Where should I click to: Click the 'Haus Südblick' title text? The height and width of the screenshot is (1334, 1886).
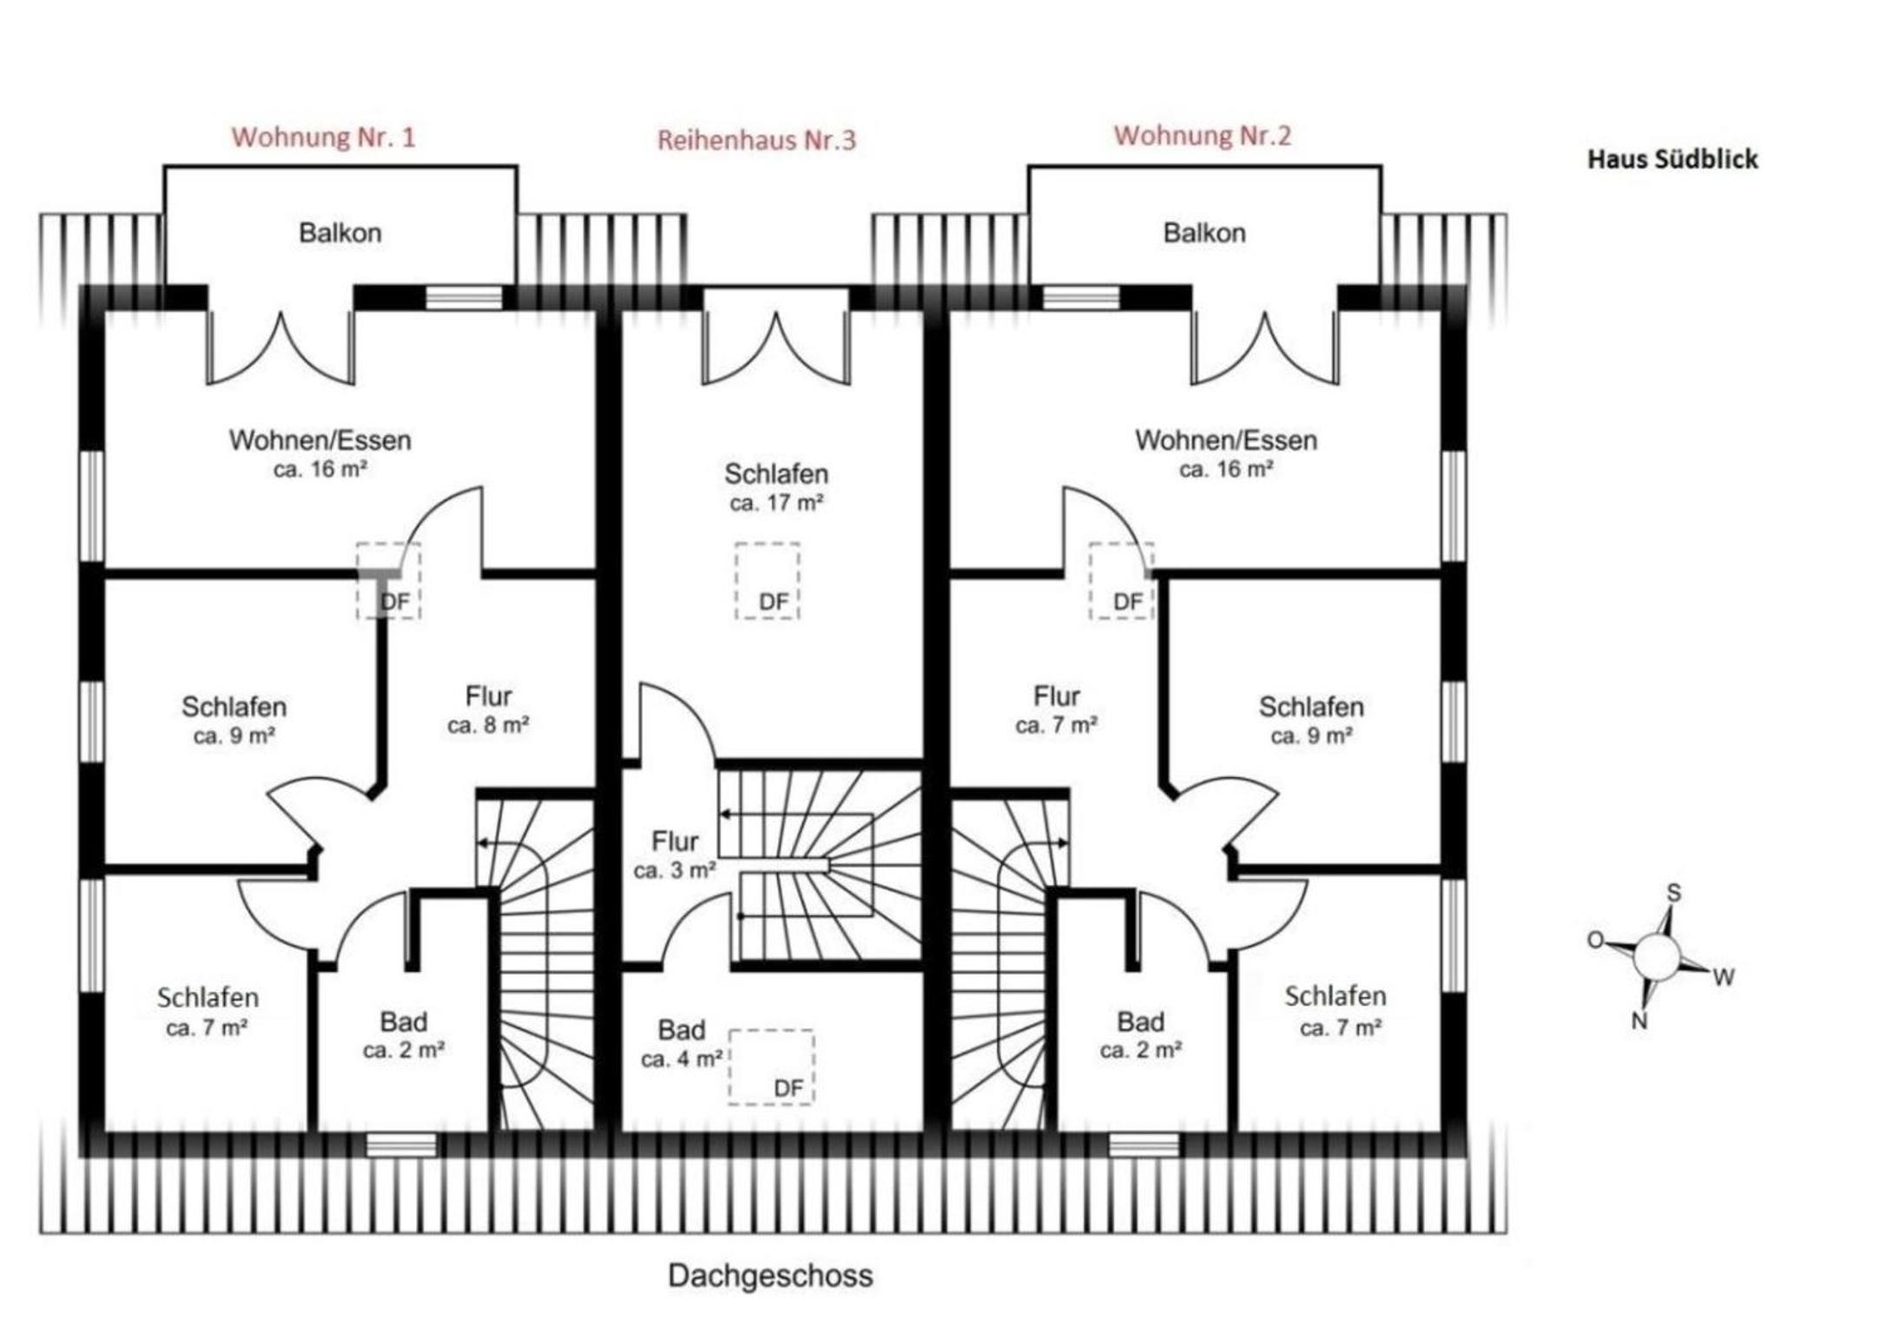[x=1672, y=159]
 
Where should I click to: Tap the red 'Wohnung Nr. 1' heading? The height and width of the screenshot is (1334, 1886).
[x=323, y=137]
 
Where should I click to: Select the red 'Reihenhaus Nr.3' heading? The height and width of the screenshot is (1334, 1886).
[x=756, y=140]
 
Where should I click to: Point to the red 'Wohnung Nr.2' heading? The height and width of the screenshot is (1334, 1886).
[x=1203, y=135]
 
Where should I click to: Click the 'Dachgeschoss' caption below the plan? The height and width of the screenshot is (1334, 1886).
[x=770, y=1276]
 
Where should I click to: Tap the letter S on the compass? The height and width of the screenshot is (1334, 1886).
[x=1674, y=893]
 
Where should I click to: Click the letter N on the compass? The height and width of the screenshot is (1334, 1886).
[x=1639, y=1021]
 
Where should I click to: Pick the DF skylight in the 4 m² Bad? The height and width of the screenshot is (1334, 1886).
[x=771, y=1067]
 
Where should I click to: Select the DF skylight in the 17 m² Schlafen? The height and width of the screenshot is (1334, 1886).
[x=768, y=581]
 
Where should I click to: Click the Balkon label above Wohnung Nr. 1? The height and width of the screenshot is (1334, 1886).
[x=340, y=233]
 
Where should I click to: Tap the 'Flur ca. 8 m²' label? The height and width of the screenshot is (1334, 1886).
[x=489, y=710]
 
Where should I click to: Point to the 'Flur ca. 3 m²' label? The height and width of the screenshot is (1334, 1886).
[x=675, y=855]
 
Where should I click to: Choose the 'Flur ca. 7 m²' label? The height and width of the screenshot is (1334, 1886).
[x=1057, y=710]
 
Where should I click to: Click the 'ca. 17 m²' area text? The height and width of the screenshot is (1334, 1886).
[x=776, y=503]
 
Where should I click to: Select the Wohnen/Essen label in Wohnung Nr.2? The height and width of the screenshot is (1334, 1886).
[x=1226, y=440]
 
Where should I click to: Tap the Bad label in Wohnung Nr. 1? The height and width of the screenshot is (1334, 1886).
[x=404, y=1021]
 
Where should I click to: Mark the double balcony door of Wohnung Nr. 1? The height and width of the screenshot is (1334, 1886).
[x=280, y=347]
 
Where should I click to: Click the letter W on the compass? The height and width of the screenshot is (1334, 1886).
[x=1724, y=978]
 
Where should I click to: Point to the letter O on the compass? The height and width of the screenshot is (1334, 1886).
[x=1595, y=940]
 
